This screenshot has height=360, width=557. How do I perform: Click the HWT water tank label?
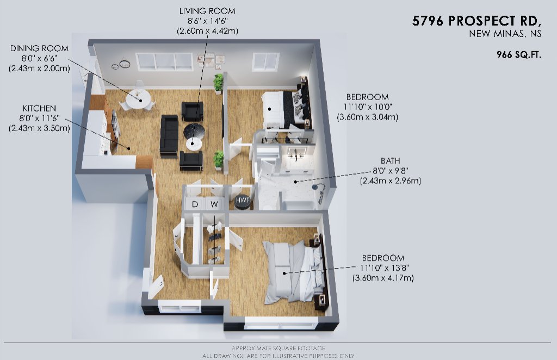[x=243, y=200]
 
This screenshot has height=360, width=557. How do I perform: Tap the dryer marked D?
[x=195, y=204]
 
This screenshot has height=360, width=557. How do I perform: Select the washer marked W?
[x=214, y=204]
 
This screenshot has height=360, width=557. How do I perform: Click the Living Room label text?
[x=207, y=11]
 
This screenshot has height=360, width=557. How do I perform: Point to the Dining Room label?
[x=39, y=48]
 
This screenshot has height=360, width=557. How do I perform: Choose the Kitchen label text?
[x=39, y=108]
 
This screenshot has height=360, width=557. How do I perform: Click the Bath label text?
[x=391, y=161]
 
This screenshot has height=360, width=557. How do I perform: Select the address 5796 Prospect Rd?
[x=476, y=21]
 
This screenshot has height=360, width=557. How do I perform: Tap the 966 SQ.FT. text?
[x=519, y=55]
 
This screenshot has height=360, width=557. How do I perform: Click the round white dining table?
[x=138, y=97]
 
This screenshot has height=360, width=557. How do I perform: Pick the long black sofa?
[x=169, y=135]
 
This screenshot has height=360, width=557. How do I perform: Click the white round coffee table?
[x=194, y=144]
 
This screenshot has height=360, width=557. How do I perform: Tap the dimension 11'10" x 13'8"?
[x=383, y=268]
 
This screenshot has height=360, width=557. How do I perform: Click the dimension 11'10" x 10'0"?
[x=367, y=107]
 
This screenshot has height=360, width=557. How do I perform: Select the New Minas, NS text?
[x=505, y=34]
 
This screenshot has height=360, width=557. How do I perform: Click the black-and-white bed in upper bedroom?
[x=284, y=109]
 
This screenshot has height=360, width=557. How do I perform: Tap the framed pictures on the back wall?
[x=211, y=61]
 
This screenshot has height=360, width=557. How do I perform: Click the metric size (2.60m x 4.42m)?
[x=207, y=31]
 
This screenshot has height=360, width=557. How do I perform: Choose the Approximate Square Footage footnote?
[x=278, y=348]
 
